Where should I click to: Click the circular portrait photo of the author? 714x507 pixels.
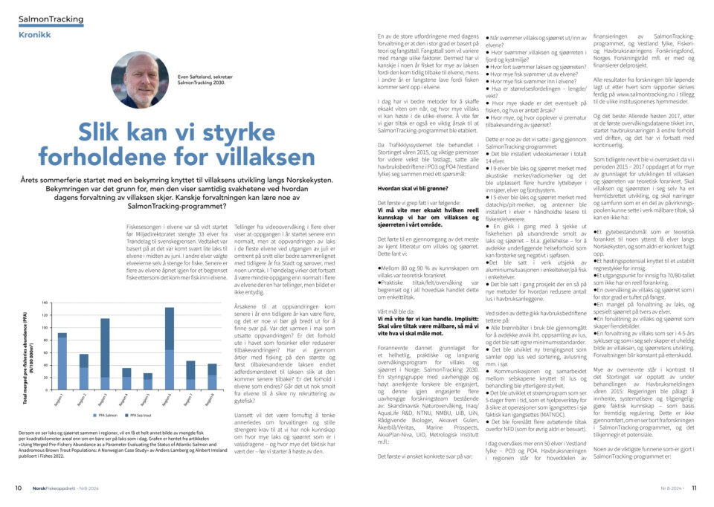tap(141, 80)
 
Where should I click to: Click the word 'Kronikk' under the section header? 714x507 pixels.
tap(36, 34)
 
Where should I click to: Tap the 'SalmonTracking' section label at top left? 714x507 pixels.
tap(51, 19)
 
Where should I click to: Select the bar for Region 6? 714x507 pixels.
tap(169, 349)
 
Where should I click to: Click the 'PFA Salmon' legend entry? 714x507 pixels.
tap(106, 415)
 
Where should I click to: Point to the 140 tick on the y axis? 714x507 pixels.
tap(45, 303)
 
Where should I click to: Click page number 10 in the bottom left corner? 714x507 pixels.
tap(19, 488)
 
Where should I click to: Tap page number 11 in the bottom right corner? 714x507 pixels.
tap(693, 488)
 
